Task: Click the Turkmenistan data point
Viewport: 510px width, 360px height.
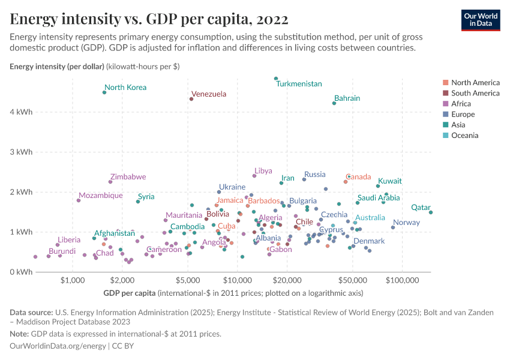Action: pyautogui.click(x=276, y=79)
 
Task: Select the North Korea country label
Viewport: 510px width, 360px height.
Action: pyautogui.click(x=125, y=88)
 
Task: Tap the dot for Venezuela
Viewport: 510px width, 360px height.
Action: pyautogui.click(x=191, y=99)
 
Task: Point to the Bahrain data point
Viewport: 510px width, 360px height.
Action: pyautogui.click(x=334, y=103)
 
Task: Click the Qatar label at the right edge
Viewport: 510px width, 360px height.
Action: pyautogui.click(x=421, y=208)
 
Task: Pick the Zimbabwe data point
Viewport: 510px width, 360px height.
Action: pyautogui.click(x=110, y=182)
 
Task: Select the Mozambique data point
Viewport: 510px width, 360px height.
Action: pyautogui.click(x=79, y=200)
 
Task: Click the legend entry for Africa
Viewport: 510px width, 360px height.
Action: pyautogui.click(x=461, y=104)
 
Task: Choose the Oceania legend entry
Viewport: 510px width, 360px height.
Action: pyautogui.click(x=464, y=136)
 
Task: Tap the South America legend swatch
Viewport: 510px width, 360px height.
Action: pyautogui.click(x=445, y=93)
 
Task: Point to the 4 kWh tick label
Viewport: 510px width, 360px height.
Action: pyautogui.click(x=22, y=112)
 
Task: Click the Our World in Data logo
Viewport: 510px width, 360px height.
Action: pyautogui.click(x=481, y=19)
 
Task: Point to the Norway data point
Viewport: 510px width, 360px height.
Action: pyautogui.click(x=393, y=227)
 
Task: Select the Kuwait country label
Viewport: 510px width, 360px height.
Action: pyautogui.click(x=389, y=181)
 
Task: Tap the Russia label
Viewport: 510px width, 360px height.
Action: pyautogui.click(x=314, y=175)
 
